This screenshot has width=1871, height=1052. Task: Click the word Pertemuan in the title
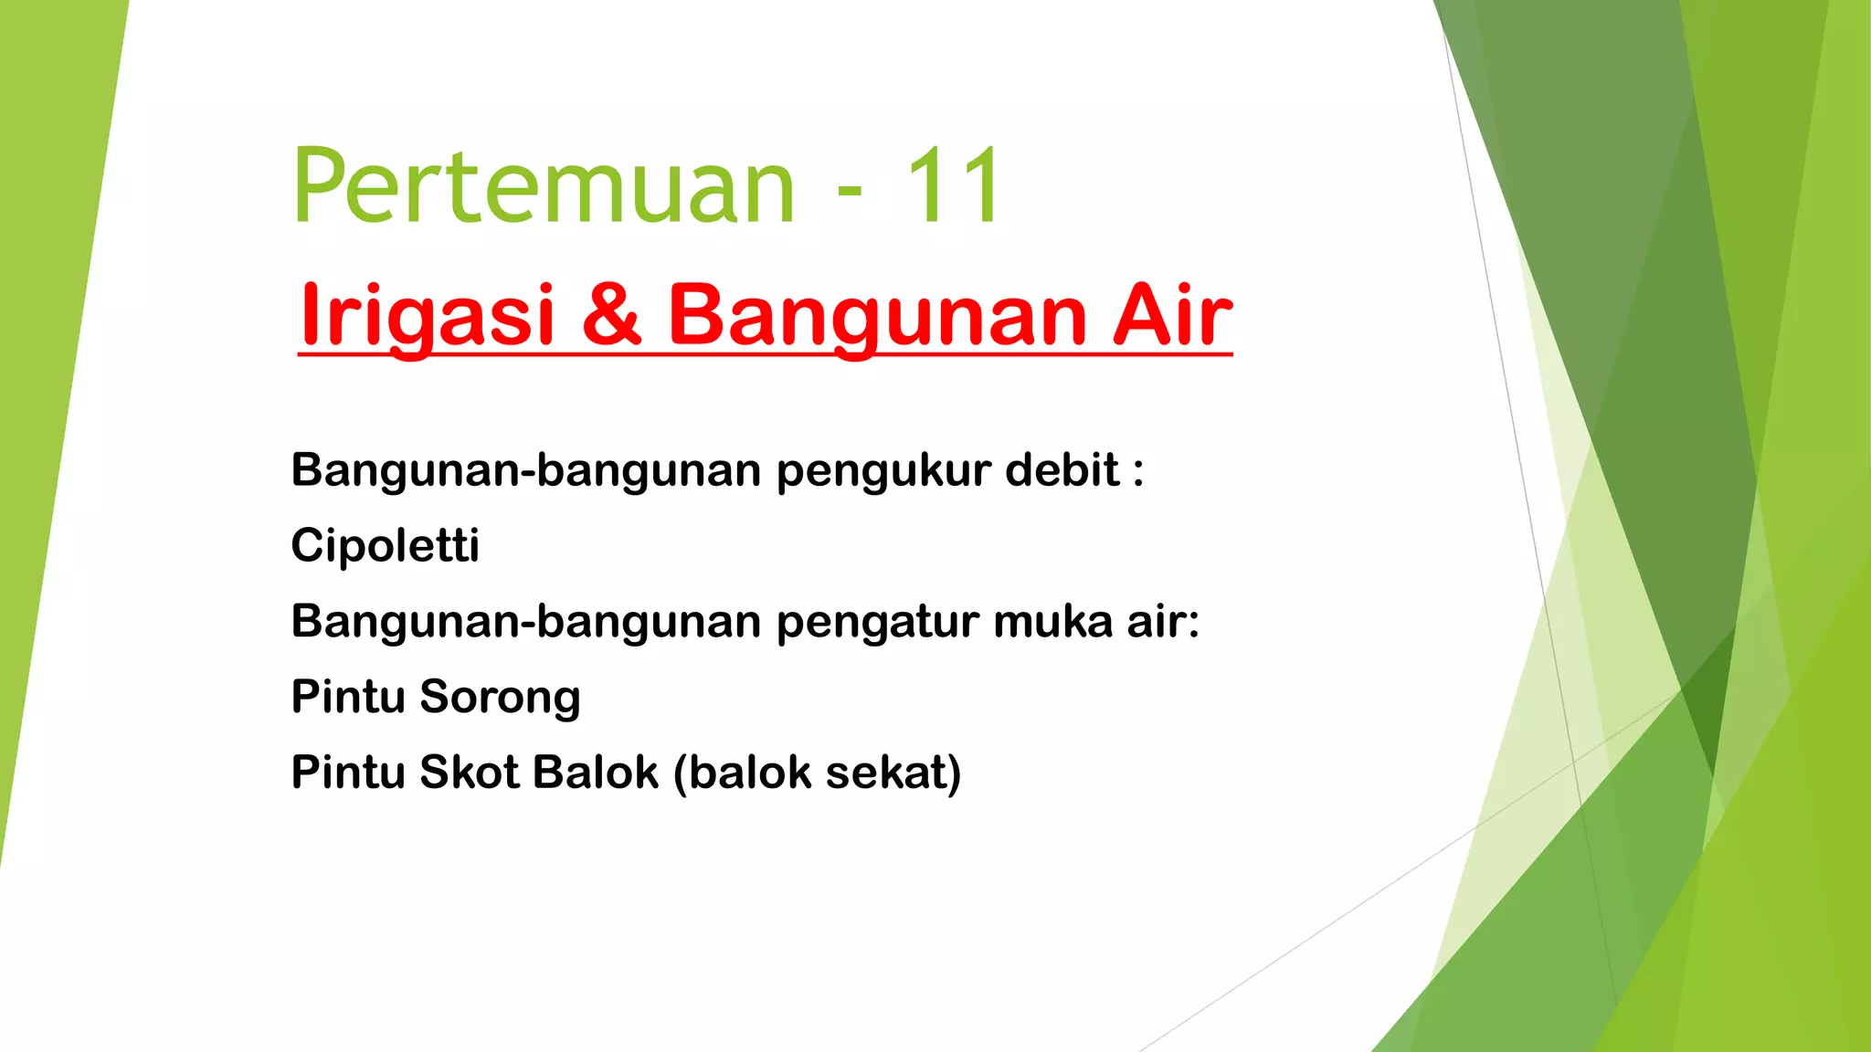tap(544, 186)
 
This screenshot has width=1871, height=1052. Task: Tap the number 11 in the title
tap(953, 186)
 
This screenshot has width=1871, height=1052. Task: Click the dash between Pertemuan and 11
tap(850, 191)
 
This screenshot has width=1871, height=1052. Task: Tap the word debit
tap(1062, 470)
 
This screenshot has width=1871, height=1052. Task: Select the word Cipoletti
tap(385, 546)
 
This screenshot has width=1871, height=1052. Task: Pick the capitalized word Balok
tap(596, 773)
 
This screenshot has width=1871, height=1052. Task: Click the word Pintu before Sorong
tap(348, 697)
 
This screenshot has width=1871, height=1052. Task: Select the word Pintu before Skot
tap(348, 773)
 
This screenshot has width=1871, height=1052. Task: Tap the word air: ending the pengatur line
tap(1162, 622)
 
